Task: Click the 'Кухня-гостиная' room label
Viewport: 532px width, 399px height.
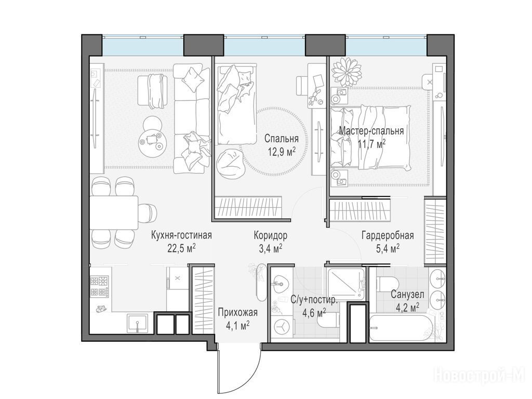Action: point(181,235)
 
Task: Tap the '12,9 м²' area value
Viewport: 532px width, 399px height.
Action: point(281,152)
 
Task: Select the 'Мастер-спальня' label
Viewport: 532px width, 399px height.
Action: point(371,131)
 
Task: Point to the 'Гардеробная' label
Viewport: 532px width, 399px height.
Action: point(388,235)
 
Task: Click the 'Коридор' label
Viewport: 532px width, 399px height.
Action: point(270,235)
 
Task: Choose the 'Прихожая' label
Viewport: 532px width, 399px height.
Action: point(238,312)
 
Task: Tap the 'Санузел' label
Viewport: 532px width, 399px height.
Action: point(407,295)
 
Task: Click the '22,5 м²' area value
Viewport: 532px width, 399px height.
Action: point(181,248)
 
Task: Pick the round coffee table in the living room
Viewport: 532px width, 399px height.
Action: point(152,137)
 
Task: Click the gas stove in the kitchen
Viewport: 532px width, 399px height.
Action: point(99,287)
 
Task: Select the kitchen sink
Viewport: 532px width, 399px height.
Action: point(137,323)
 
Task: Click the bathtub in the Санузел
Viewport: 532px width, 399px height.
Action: point(401,328)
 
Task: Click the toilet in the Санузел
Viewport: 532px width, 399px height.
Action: point(388,284)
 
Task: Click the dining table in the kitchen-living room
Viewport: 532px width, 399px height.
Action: point(114,212)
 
